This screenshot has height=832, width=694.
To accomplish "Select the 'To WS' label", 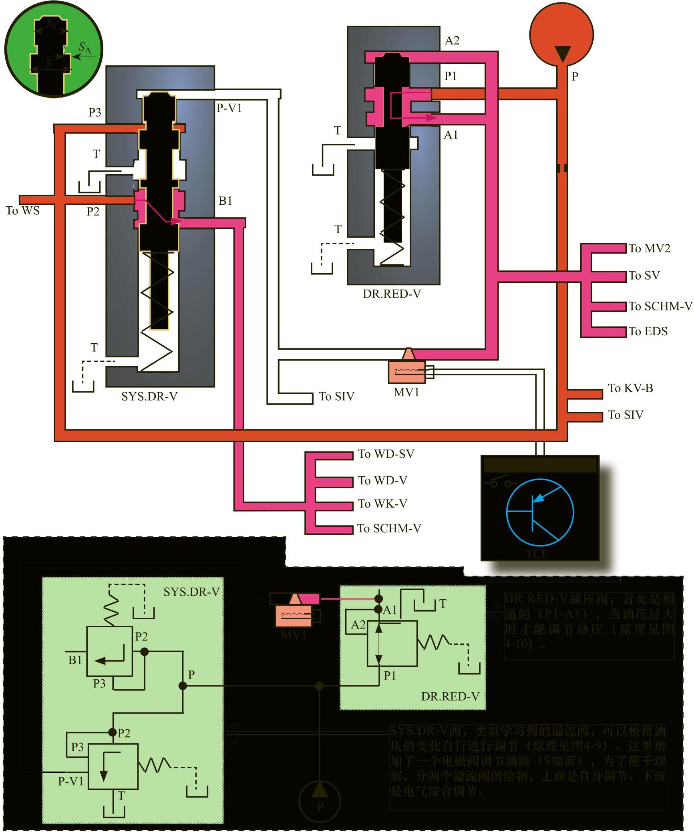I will click(x=23, y=210).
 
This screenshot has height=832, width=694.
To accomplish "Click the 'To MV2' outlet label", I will click(x=649, y=248).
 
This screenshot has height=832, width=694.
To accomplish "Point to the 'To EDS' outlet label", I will click(x=648, y=331).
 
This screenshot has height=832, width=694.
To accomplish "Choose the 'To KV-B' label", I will click(x=630, y=388).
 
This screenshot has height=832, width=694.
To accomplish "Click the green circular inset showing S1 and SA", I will click(x=53, y=49).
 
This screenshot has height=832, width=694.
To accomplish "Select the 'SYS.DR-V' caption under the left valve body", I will click(x=149, y=396).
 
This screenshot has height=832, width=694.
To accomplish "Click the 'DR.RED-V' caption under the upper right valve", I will click(x=392, y=294).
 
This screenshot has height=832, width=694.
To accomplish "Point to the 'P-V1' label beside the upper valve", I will click(x=229, y=108).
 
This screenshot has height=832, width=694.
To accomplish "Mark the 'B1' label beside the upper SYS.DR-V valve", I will click(x=225, y=201).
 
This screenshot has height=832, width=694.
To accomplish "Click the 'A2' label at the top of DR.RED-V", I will click(x=452, y=40).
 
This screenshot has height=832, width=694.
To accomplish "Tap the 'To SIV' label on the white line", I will click(x=336, y=396).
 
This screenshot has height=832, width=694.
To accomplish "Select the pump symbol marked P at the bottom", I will click(x=320, y=801).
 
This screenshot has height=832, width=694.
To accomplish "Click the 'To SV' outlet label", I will click(x=644, y=276).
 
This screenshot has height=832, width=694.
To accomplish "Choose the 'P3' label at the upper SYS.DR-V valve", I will click(x=95, y=113).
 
